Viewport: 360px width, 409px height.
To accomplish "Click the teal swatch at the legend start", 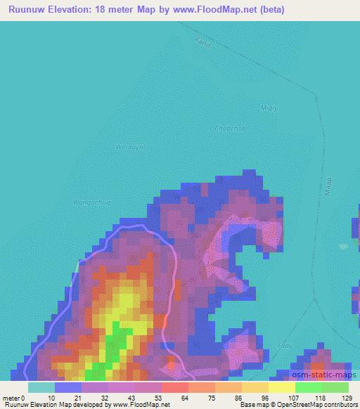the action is tap(41, 387).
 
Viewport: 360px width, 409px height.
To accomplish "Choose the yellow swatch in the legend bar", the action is tap(281, 387).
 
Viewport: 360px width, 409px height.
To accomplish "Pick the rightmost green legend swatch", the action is tap(335, 387).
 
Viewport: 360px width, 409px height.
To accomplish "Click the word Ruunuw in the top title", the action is tap(25, 11).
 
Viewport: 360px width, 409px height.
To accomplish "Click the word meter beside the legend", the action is tap(10, 398).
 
